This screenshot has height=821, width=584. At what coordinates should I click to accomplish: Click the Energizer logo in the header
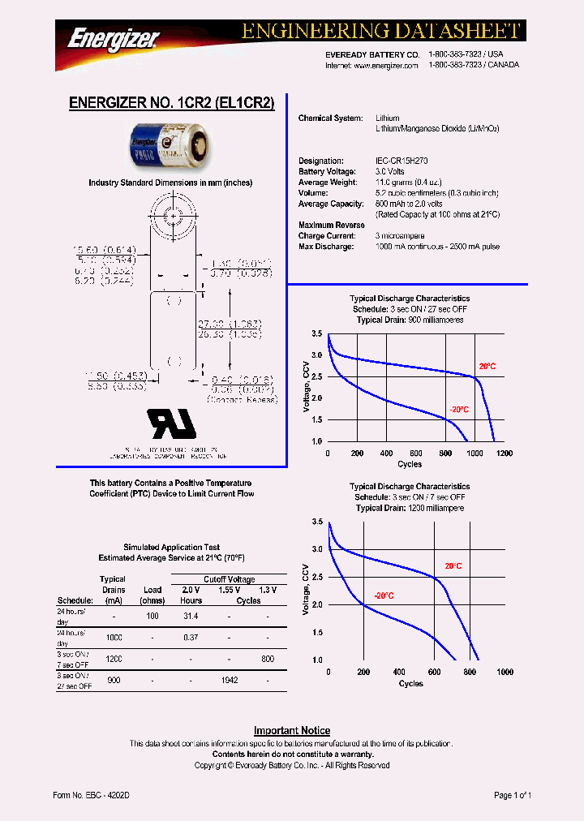click(114, 37)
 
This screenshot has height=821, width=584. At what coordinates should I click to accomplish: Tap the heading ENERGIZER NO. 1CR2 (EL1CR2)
click(172, 103)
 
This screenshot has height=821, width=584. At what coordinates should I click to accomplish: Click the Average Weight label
click(326, 183)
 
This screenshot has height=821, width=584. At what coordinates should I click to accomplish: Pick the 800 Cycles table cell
click(268, 660)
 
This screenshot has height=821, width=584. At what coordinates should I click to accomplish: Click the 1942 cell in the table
click(229, 681)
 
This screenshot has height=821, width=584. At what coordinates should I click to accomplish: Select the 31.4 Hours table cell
click(191, 617)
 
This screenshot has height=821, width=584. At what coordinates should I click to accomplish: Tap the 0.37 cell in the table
click(191, 638)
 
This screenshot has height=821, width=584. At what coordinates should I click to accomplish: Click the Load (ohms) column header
click(152, 595)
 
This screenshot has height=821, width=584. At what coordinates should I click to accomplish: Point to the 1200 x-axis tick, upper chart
click(505, 453)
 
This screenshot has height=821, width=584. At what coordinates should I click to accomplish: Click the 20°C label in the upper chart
click(487, 367)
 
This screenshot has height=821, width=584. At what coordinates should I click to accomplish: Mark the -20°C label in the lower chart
click(384, 595)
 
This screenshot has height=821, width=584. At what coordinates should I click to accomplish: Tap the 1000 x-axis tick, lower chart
click(505, 673)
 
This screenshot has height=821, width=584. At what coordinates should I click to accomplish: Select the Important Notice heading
click(292, 730)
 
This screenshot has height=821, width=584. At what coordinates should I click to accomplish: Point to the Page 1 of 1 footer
click(513, 796)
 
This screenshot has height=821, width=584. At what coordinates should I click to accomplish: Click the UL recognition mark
click(171, 423)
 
